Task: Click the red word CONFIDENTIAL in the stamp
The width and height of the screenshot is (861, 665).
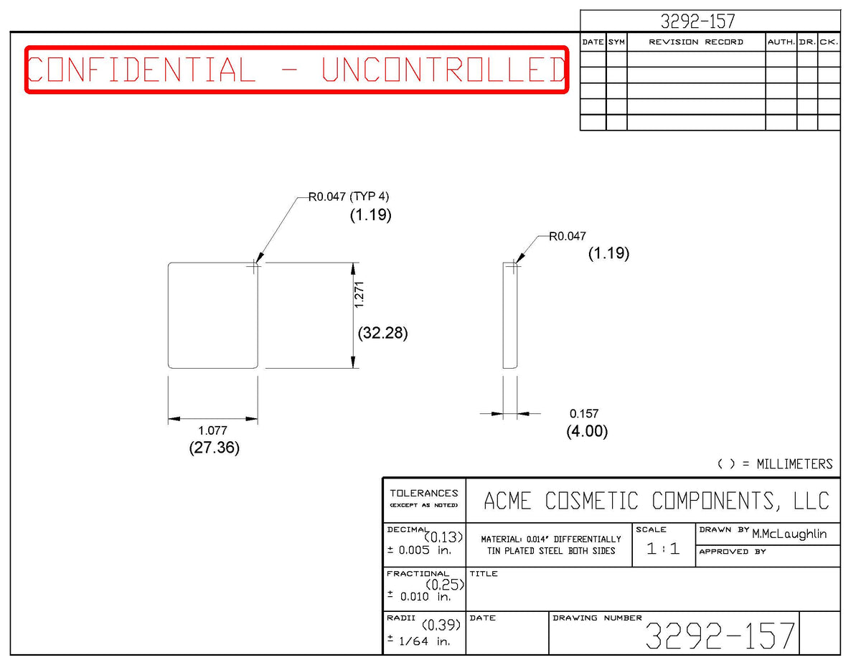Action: [141, 70]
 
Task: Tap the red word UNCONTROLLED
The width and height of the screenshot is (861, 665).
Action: [444, 70]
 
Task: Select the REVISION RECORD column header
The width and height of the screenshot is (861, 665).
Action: [696, 42]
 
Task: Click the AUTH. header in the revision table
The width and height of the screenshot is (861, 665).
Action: [781, 42]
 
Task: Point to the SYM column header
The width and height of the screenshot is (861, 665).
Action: [616, 42]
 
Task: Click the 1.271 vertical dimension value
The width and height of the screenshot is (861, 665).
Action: [359, 295]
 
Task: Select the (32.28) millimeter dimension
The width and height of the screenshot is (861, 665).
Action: [382, 333]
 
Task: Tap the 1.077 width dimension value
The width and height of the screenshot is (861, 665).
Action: [213, 430]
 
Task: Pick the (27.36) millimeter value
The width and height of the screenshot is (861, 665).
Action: [215, 448]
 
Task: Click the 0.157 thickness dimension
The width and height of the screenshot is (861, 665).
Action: [584, 414]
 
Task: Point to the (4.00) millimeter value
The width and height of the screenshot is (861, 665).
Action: [587, 431]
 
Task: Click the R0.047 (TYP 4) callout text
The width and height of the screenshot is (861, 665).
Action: [349, 197]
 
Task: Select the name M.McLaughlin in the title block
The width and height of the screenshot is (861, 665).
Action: [789, 534]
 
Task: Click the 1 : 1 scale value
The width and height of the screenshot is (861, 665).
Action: [663, 549]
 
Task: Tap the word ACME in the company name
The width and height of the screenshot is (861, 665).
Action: [507, 501]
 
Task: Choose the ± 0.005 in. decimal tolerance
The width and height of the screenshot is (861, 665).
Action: [419, 550]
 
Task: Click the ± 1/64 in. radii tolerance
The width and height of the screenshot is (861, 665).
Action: [419, 641]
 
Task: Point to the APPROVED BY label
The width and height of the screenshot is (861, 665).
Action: [733, 552]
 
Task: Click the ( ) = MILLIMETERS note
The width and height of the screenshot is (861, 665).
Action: [775, 464]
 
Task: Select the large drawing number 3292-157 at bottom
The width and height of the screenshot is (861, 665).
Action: [720, 636]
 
